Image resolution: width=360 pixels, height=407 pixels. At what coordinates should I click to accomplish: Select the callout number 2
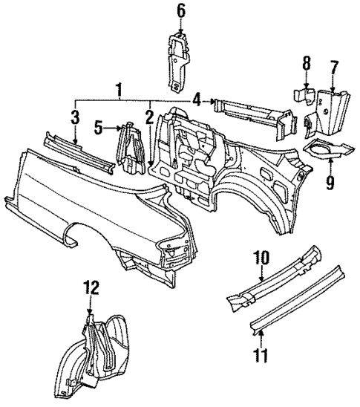tap(149, 116)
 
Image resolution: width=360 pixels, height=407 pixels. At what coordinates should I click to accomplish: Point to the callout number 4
tap(196, 100)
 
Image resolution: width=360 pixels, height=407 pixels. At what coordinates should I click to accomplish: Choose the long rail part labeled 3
tap(78, 153)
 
